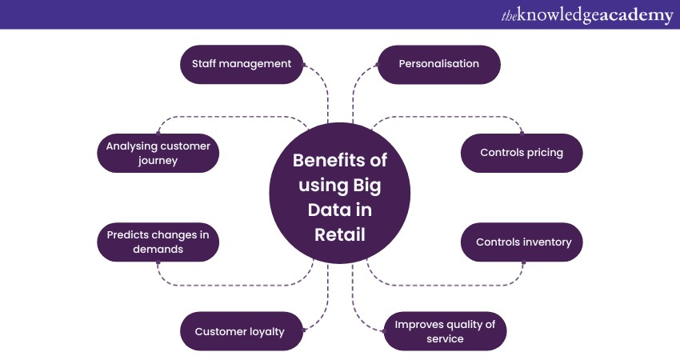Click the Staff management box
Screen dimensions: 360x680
pos(241,64)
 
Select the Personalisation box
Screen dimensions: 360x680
pos(438,64)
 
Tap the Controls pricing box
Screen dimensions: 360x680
pos(522,153)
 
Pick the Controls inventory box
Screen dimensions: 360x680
pos(522,242)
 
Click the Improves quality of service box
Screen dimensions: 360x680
pos(445,331)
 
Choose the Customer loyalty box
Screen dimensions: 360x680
pos(241,331)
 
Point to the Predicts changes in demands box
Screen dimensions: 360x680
pos(158,242)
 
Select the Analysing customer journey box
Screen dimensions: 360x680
pos(158,153)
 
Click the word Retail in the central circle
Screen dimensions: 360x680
pos(339,234)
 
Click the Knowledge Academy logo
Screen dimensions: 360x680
pos(586,15)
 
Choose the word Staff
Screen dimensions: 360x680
pos(205,64)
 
